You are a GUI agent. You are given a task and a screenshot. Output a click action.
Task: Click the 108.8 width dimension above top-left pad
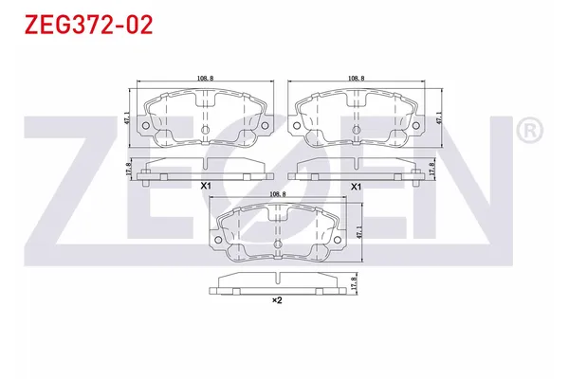coord(204,79)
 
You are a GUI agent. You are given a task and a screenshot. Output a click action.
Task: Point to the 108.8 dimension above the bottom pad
coord(280,193)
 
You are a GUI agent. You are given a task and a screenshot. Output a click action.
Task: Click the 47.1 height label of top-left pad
coord(128,117)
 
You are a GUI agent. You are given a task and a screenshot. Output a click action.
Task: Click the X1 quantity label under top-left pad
coord(204,188)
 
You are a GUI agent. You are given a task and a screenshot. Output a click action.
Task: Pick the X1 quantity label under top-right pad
coord(357,188)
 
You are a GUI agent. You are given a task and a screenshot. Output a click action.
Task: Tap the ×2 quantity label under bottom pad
coord(278,300)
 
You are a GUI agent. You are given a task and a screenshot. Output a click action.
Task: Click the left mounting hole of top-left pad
coord(146,124)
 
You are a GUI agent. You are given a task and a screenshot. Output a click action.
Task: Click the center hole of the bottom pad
coord(279,249)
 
